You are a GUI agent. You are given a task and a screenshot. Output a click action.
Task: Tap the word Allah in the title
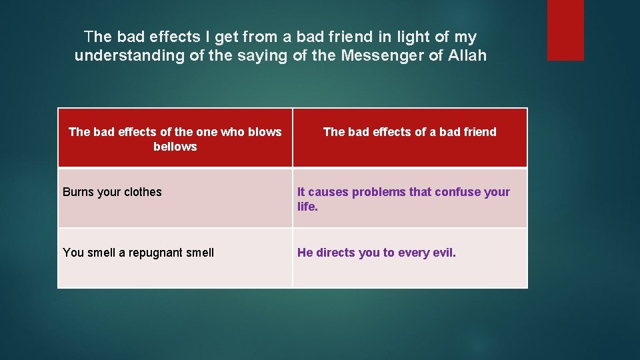466,56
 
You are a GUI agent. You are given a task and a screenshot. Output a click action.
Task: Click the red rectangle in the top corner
565,30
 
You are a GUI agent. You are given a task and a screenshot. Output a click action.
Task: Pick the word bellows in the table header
175,147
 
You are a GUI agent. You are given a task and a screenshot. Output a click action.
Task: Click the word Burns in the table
78,192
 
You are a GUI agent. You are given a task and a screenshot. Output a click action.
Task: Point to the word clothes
139,192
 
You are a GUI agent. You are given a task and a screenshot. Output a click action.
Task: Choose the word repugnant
153,253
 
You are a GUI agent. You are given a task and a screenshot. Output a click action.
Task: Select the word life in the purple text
306,207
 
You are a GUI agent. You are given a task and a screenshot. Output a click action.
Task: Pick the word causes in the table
329,192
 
